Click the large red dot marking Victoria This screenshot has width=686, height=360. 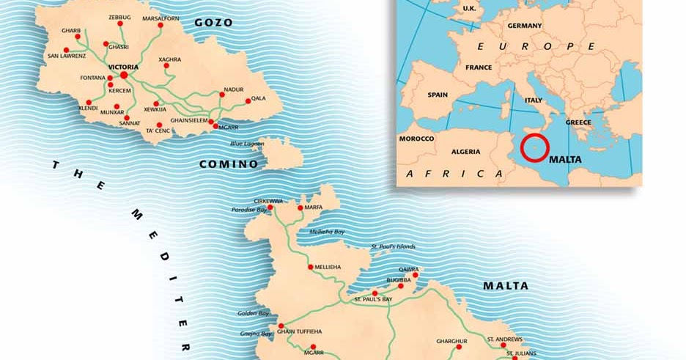(124, 74)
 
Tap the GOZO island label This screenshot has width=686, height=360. (213, 23)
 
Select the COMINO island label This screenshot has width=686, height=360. (229, 164)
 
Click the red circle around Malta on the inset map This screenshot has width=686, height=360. (534, 147)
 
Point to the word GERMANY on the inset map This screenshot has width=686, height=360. (524, 26)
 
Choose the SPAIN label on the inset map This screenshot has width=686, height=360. (438, 95)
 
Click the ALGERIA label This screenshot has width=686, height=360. (465, 152)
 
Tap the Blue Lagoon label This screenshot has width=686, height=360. (246, 144)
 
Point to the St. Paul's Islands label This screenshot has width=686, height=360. (393, 246)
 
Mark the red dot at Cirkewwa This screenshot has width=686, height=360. (270, 207)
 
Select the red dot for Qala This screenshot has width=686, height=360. (248, 100)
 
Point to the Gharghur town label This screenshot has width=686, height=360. (451, 341)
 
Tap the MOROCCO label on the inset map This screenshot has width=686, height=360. (416, 139)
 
